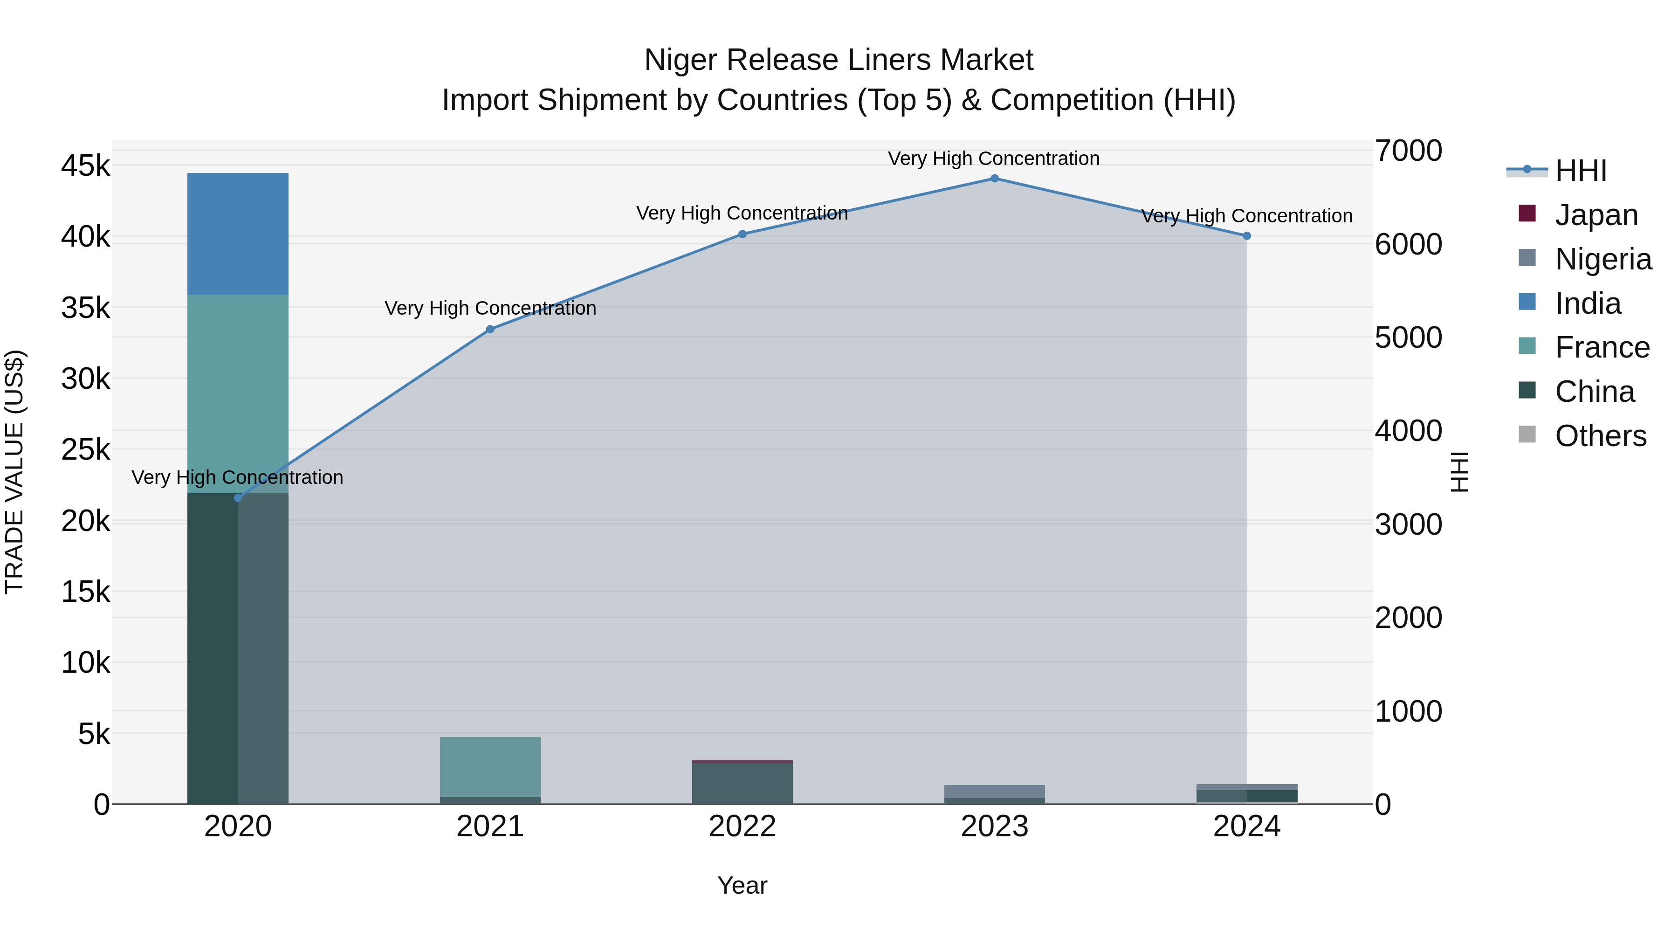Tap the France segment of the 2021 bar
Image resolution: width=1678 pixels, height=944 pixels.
[490, 766]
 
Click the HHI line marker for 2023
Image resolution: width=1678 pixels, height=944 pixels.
[994, 179]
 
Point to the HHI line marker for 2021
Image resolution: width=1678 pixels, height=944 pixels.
[490, 330]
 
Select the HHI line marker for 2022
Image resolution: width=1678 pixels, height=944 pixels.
[742, 234]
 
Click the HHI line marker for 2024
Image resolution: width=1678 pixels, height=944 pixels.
[1246, 236]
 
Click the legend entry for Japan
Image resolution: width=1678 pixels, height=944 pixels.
[1595, 215]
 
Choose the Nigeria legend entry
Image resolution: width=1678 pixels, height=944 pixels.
[1602, 259]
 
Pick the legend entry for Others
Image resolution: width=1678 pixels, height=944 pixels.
[1600, 436]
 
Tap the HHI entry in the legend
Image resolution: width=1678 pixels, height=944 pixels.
[1580, 171]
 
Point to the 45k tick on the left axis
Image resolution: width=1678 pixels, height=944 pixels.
[85, 166]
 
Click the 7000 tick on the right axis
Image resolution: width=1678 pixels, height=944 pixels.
[1408, 151]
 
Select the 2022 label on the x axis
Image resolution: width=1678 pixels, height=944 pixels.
[742, 827]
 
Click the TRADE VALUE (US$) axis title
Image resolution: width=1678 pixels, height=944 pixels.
[14, 472]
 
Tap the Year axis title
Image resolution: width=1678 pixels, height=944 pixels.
[742, 885]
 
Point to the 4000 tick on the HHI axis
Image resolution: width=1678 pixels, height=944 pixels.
[1408, 431]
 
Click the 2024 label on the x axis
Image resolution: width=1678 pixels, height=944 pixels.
[1246, 827]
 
